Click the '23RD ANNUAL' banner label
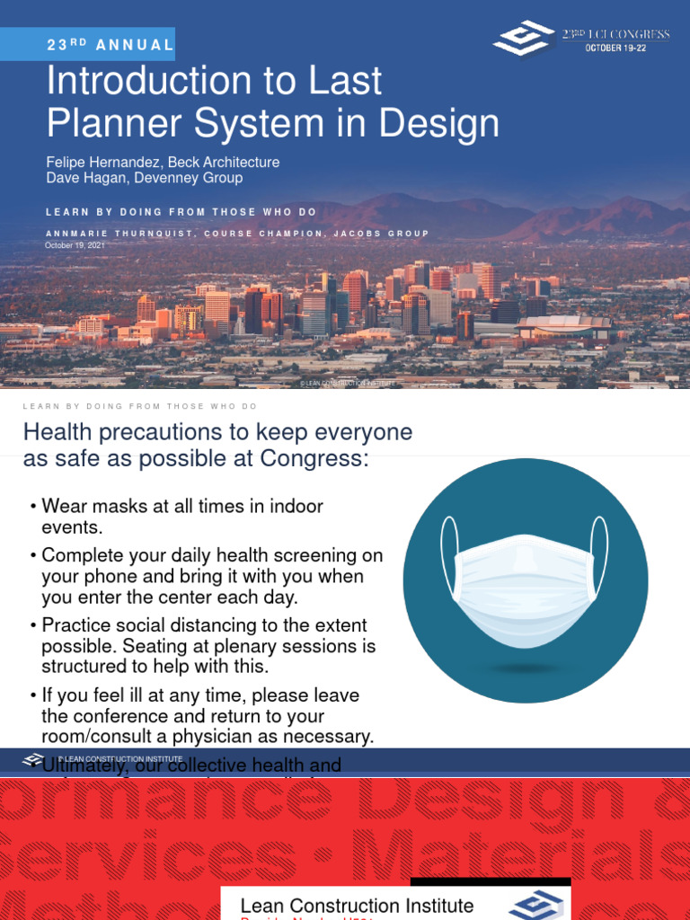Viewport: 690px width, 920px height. pos(110,44)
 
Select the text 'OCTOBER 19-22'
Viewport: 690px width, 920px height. pos(615,48)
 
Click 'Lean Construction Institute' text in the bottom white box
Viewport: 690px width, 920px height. pos(357,905)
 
